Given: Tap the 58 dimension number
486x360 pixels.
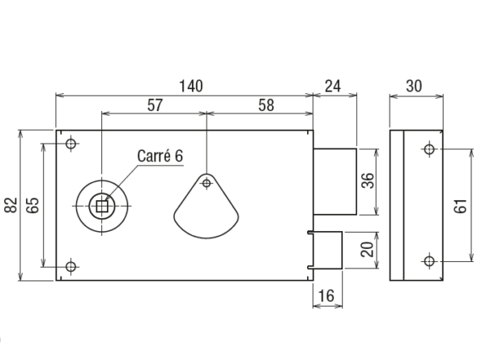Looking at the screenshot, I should pos(264,105).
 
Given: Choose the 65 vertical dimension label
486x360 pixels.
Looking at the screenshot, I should pos(33,205).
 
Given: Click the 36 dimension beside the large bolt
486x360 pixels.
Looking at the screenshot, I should pos(366,182).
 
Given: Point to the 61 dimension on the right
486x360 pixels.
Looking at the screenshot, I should pos(460,205).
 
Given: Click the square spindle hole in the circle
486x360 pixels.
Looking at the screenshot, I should pos(102,206).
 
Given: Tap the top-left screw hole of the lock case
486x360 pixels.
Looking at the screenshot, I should pos(71,144).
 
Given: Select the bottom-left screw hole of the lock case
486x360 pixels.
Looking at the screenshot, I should pos(71,266).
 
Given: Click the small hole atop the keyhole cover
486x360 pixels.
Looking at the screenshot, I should pos(207,182).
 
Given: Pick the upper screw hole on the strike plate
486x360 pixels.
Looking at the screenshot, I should pos(428,149).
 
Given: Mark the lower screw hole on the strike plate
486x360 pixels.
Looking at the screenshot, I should pos(428,260).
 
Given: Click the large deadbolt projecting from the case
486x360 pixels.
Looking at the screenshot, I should pos(335,182).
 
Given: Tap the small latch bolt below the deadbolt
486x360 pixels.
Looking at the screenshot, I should pos(326,250).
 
